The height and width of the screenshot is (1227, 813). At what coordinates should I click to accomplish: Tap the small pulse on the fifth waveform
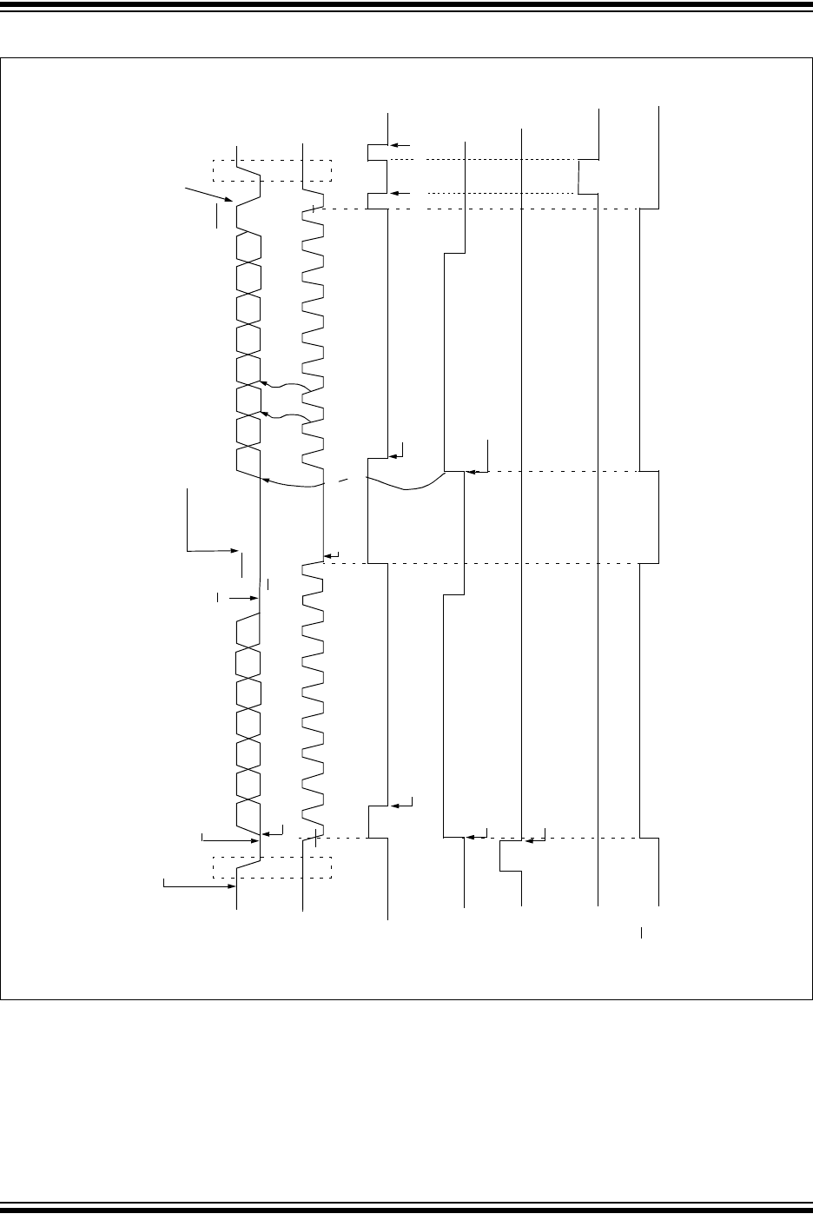click(510, 855)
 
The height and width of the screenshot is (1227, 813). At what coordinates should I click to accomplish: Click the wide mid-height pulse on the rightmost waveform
click(649, 517)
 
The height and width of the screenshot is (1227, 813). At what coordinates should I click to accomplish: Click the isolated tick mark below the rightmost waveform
click(642, 934)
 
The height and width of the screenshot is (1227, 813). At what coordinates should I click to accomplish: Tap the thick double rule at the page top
click(406, 7)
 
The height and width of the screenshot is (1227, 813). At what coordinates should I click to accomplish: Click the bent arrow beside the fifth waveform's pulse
click(539, 837)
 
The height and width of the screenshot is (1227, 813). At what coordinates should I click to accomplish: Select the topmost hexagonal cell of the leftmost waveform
click(249, 246)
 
